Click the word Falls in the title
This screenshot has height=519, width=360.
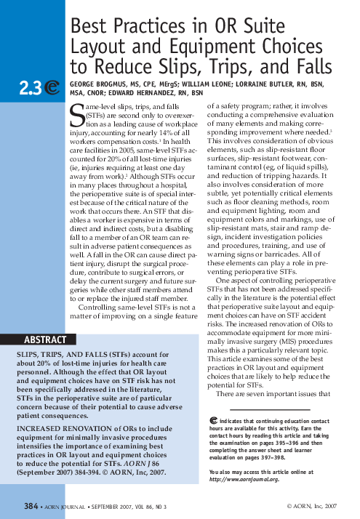click(323, 68)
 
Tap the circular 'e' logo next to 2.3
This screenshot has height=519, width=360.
click(53, 87)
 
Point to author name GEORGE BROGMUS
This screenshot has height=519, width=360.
click(103, 84)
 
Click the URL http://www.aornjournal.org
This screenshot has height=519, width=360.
click(244, 480)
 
